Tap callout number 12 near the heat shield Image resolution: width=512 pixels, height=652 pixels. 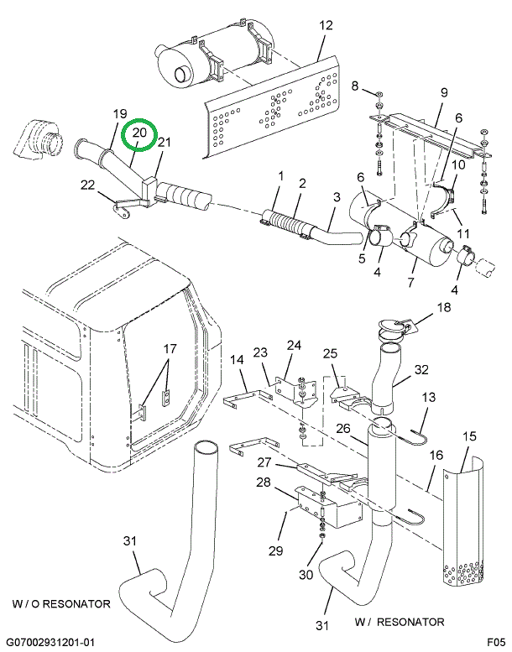326,26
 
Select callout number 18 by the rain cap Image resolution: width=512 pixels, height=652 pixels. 442,308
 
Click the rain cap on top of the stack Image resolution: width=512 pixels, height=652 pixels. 394,326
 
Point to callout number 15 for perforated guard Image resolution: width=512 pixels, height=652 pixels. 469,437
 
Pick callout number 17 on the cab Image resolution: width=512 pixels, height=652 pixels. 170,347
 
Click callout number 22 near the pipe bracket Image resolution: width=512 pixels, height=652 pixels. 87,185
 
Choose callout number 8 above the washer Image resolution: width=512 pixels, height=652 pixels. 354,86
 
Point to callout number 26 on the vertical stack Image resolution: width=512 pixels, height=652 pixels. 343,429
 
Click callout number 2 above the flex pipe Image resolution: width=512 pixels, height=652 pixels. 301,184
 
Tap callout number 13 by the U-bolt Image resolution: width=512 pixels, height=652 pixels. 429,397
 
